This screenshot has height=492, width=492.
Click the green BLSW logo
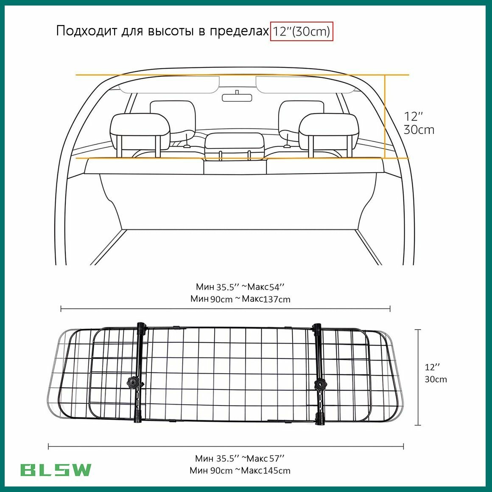[x=56, y=470]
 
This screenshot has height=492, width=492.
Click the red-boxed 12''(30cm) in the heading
[x=301, y=31]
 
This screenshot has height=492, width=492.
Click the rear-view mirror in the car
[x=237, y=97]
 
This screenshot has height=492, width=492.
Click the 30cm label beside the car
[x=419, y=130]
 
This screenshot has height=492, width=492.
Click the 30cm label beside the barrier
[x=436, y=379]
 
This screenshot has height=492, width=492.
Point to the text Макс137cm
[x=266, y=299]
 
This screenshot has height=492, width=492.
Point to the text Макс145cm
[x=266, y=470]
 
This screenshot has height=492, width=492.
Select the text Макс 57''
[x=266, y=458]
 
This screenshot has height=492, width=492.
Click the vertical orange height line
[x=385, y=116]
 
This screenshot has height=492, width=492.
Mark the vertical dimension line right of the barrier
[x=418, y=377]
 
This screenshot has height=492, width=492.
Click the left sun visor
[x=168, y=85]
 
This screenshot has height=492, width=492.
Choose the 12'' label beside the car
[x=413, y=116]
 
